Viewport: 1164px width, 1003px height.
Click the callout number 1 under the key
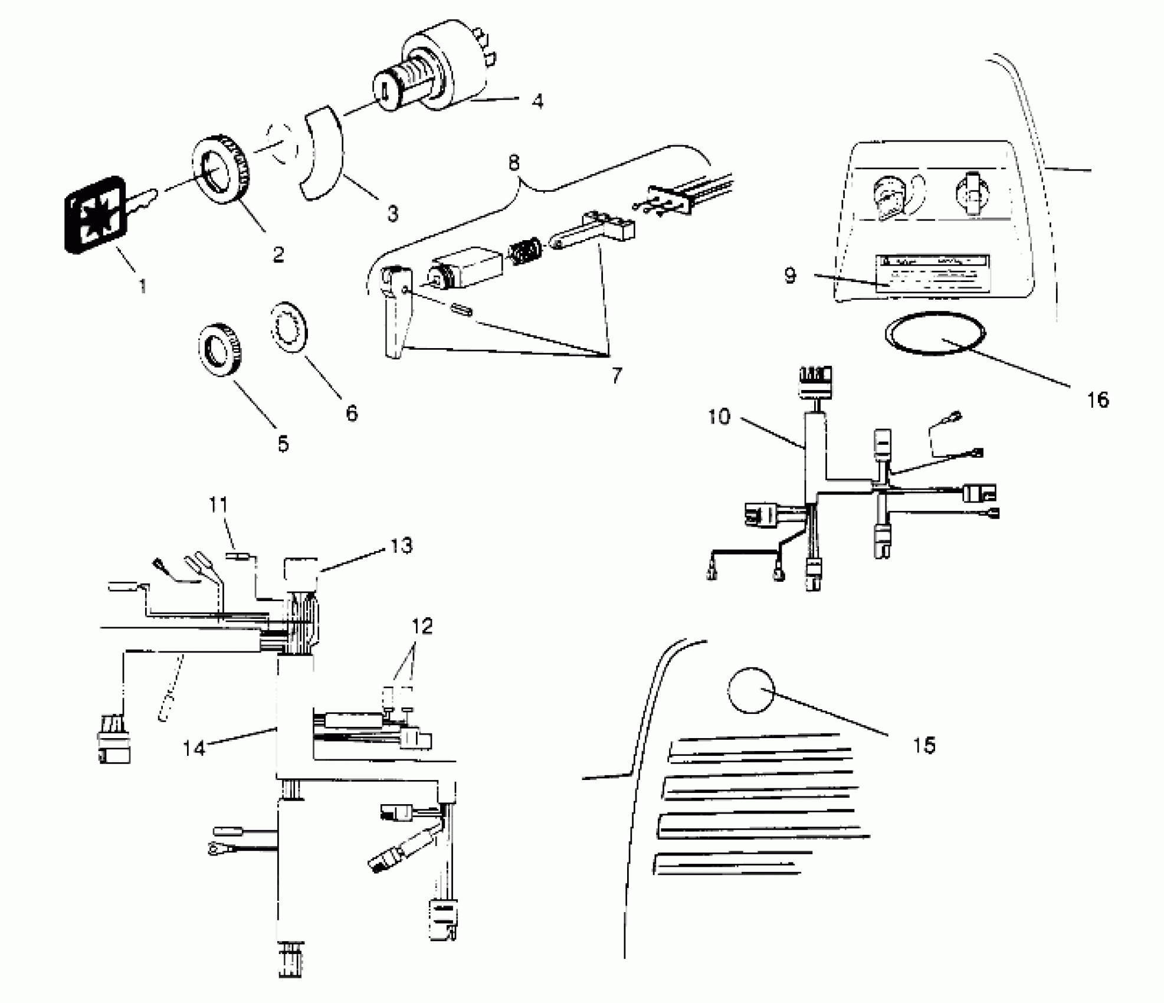[x=142, y=286]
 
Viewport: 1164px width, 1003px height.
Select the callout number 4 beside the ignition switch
[x=536, y=101]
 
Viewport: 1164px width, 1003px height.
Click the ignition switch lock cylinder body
[x=437, y=74]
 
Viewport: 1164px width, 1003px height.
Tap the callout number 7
[x=617, y=375]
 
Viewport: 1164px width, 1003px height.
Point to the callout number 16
[x=1097, y=400]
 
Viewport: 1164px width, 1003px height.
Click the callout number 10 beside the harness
[x=719, y=417]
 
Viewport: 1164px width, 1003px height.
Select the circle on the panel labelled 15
[x=751, y=690]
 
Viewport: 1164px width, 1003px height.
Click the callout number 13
[x=401, y=546]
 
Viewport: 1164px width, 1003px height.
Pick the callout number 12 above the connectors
[x=422, y=625]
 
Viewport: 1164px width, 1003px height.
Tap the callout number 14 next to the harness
[x=194, y=748]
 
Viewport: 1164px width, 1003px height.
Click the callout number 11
[x=218, y=505]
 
